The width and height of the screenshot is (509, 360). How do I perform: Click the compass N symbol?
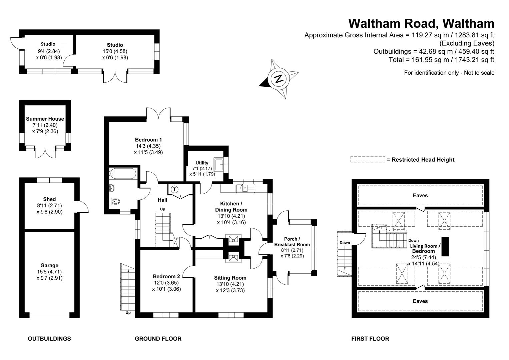click(x=278, y=79)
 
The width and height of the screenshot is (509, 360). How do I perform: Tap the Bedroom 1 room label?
click(x=148, y=140)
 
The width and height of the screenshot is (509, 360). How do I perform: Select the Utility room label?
click(x=202, y=163)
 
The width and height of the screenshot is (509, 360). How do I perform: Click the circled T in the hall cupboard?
click(x=174, y=189)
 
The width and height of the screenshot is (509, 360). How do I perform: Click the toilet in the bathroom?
click(x=114, y=201)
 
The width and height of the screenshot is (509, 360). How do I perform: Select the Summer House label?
click(x=45, y=119)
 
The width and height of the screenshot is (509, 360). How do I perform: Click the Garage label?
click(x=49, y=266)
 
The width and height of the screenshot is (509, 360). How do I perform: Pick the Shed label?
click(x=49, y=199)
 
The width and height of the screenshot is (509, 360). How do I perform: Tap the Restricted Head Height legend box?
click(x=368, y=159)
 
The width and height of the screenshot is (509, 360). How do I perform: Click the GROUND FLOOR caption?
click(x=158, y=339)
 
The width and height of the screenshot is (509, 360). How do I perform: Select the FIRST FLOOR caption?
click(x=370, y=339)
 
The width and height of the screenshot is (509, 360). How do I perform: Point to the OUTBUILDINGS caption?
click(x=49, y=339)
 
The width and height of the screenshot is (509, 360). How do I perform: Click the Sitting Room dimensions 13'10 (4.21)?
click(x=230, y=284)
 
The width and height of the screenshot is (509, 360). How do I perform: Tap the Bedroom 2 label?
click(x=166, y=276)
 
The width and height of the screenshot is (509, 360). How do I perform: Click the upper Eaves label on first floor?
click(x=420, y=195)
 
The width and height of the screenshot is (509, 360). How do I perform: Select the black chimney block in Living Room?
click(x=445, y=247)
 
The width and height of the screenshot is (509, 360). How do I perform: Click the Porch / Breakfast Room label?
click(x=292, y=242)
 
